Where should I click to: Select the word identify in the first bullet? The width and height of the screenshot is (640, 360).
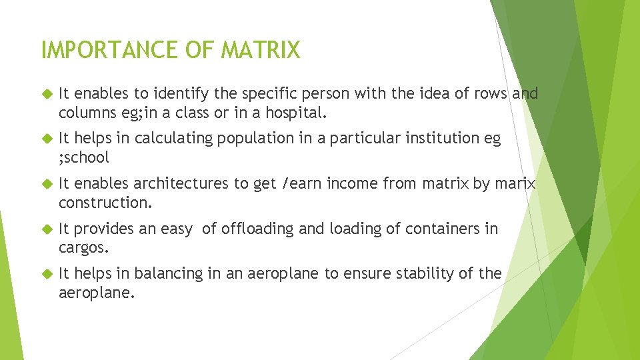click(x=184, y=94)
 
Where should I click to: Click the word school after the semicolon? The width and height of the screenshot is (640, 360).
click(x=87, y=157)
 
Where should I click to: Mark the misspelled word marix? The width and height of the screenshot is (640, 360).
click(x=514, y=183)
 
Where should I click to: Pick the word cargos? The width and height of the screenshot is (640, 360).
click(x=83, y=247)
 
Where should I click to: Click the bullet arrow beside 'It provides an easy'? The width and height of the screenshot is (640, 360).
click(x=47, y=229)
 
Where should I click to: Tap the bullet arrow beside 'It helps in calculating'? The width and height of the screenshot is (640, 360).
click(x=47, y=139)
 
